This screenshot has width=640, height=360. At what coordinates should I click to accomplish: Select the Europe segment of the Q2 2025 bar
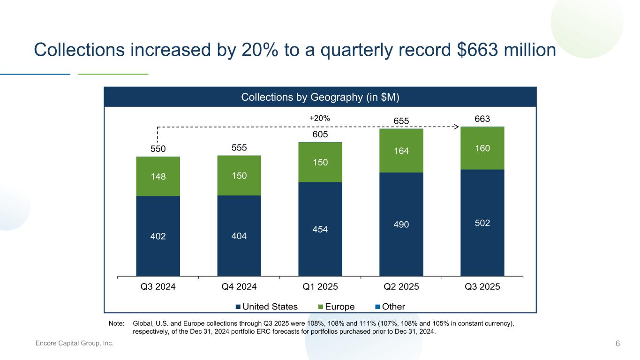401,151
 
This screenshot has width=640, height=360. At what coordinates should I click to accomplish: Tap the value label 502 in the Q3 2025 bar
482,223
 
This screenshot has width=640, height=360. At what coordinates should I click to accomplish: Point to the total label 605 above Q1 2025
320,135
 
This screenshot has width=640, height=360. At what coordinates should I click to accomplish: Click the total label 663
482,120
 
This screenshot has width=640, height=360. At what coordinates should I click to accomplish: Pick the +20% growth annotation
320,119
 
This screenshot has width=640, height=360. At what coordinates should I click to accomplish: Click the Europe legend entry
336,307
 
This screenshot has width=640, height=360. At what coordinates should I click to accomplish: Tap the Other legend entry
390,307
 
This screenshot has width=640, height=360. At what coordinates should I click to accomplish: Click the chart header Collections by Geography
320,97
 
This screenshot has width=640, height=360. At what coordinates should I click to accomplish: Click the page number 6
617,344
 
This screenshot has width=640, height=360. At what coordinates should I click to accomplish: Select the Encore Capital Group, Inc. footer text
75,344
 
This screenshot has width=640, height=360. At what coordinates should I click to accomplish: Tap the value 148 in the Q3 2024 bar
158,177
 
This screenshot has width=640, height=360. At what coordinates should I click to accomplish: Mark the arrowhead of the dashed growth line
455,126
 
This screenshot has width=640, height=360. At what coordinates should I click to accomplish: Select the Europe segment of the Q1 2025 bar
320,162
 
